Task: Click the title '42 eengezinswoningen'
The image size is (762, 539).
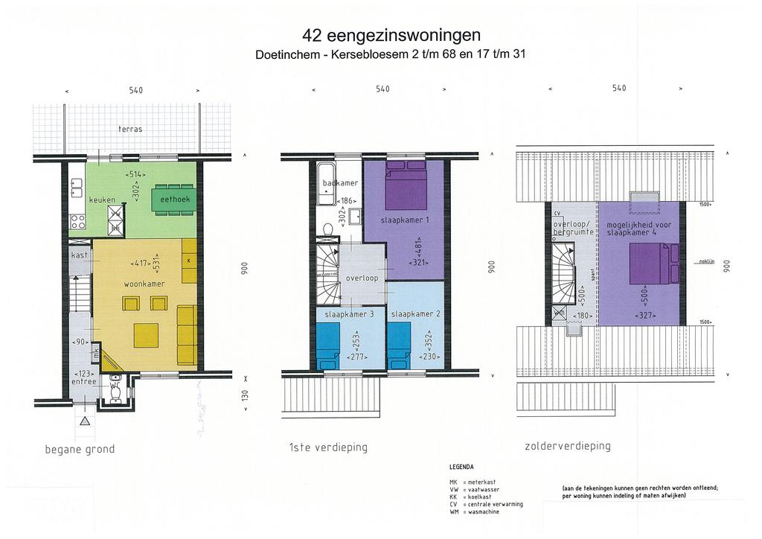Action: (391, 36)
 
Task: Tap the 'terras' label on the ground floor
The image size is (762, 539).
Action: (130, 129)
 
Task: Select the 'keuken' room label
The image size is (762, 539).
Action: (102, 200)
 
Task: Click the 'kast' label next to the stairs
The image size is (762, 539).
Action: (80, 255)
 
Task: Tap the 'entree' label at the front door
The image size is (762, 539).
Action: (85, 381)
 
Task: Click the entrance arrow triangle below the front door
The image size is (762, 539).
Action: (85, 421)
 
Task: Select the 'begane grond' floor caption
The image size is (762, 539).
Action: (80, 450)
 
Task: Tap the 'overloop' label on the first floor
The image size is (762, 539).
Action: (362, 278)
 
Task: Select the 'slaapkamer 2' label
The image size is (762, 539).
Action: (416, 314)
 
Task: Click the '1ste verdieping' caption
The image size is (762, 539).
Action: (328, 447)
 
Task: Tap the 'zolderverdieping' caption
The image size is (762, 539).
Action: (568, 446)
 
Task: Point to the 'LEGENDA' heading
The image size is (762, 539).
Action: (462, 468)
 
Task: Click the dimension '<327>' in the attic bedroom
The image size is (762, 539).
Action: (644, 316)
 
